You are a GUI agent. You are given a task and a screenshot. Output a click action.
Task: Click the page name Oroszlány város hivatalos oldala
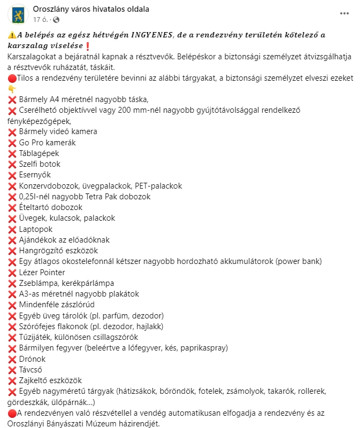(91, 9)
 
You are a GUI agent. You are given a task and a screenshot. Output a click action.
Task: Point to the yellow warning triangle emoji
(12, 35)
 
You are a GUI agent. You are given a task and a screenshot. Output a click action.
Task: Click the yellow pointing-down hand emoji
(12, 89)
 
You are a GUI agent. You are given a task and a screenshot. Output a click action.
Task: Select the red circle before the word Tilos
(12, 78)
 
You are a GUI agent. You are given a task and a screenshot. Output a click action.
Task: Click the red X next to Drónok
(12, 359)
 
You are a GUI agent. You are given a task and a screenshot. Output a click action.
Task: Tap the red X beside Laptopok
(12, 229)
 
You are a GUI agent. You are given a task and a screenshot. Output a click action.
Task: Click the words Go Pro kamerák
(47, 143)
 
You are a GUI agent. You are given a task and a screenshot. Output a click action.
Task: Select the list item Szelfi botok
(40, 164)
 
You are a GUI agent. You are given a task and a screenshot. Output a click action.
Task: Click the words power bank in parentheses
(300, 261)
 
